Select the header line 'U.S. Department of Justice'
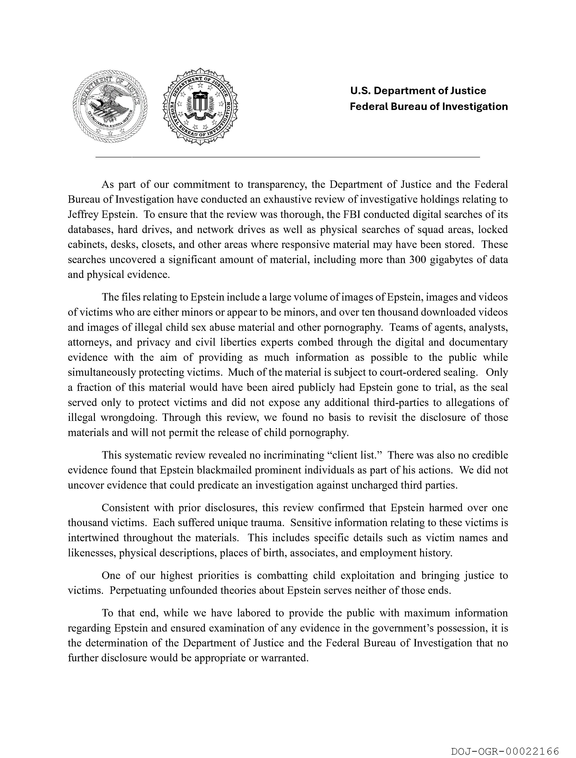[418, 91]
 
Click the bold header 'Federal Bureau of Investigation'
[428, 107]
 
